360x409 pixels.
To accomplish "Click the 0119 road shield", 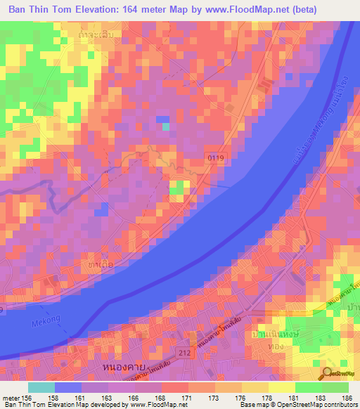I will (x=216, y=160).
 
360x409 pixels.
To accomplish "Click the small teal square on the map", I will (x=166, y=126).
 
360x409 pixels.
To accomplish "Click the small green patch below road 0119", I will (x=179, y=187).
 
